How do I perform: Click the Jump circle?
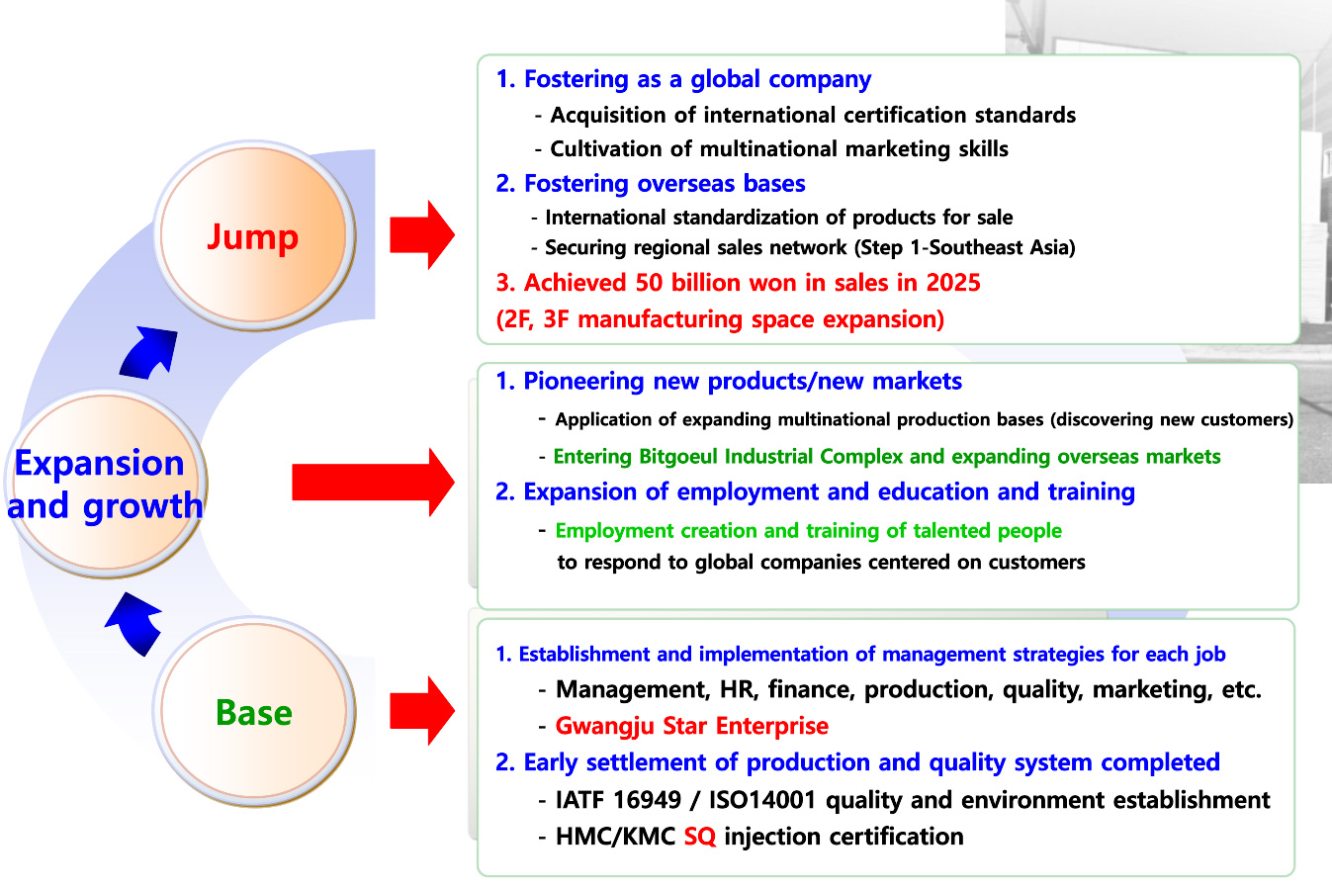254,235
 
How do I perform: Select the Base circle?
254,711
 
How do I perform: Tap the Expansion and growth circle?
106,483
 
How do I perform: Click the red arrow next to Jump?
422,234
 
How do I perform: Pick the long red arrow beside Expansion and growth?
374,483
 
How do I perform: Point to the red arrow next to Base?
422,710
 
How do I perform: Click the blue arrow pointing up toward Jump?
148,353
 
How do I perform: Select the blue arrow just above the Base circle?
133,624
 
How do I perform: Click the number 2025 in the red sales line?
953,283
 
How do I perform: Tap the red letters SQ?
700,837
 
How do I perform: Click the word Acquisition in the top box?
608,116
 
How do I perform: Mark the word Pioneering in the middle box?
583,382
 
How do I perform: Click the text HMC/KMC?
615,837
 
